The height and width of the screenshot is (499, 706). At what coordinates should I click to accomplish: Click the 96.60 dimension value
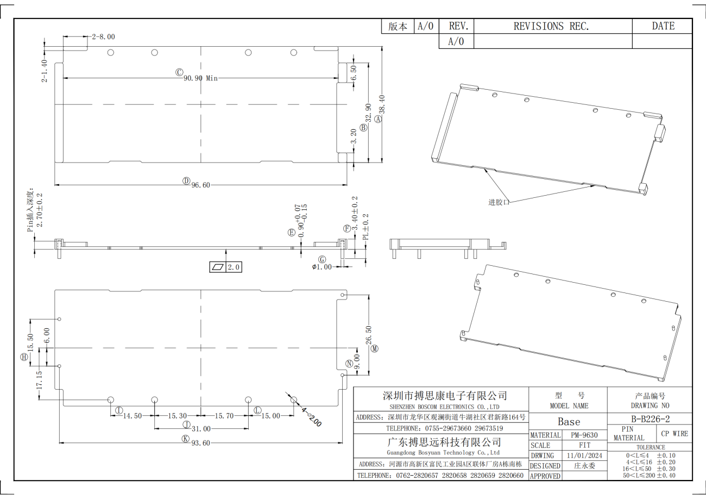[201, 185]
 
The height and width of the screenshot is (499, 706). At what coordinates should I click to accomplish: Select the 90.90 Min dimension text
[201, 78]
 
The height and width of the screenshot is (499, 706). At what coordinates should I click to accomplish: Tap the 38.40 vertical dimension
[382, 104]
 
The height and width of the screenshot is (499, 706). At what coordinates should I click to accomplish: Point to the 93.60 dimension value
[201, 443]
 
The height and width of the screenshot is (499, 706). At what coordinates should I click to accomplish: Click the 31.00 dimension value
[201, 429]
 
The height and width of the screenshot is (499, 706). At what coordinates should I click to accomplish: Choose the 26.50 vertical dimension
[368, 335]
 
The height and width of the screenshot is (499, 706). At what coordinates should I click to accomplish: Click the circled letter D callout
[186, 181]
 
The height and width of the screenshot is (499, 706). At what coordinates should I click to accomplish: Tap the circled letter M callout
[374, 349]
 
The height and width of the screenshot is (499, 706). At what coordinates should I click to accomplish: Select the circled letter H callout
[24, 357]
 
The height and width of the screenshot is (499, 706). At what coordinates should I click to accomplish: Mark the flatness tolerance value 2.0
[234, 267]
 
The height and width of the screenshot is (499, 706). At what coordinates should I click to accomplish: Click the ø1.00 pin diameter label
[322, 267]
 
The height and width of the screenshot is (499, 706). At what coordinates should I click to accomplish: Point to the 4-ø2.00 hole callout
[311, 417]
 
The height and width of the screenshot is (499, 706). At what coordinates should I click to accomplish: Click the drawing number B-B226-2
[650, 419]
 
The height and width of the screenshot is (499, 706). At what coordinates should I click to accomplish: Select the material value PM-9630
[584, 435]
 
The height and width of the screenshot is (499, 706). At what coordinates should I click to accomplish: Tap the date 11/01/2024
[584, 456]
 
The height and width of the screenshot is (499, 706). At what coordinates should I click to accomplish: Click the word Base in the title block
[569, 422]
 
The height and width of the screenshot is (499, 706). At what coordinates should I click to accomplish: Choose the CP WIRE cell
[675, 434]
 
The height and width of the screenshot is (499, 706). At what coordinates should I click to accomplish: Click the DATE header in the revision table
[663, 26]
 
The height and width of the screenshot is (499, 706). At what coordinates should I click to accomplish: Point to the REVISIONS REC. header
[551, 26]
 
